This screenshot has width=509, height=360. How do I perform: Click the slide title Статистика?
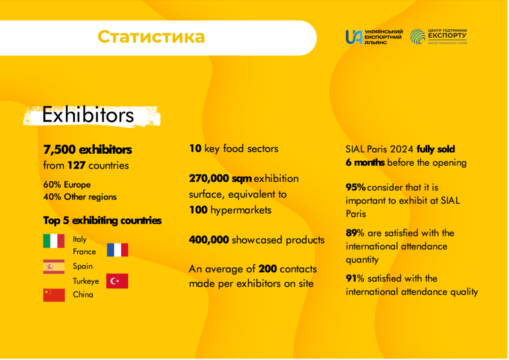tap(151, 37)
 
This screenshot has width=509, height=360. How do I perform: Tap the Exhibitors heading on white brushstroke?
tap(88, 115)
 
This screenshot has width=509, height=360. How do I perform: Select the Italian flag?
tap(54, 241)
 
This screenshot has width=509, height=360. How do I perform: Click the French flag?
tap(117, 250)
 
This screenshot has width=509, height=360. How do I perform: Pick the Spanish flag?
tap(54, 267)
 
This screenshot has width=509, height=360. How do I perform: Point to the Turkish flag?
tap(117, 281)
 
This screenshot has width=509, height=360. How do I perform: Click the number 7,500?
tap(60, 150)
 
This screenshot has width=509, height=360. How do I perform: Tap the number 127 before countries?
tap(76, 165)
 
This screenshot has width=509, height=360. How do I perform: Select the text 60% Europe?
tap(67, 185)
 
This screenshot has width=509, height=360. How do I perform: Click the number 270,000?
tap(209, 179)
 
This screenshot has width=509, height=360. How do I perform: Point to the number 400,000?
tap(209, 240)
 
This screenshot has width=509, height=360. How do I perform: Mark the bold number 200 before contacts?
tap(267, 269)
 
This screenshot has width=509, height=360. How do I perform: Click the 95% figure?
tap(356, 187)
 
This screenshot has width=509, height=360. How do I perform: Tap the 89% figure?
tap(355, 233)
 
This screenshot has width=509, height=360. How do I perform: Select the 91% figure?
tap(355, 278)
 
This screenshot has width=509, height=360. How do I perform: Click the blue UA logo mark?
tap(354, 37)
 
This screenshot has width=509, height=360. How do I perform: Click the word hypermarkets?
tap(241, 210)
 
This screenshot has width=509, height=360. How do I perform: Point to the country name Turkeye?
tap(86, 281)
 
